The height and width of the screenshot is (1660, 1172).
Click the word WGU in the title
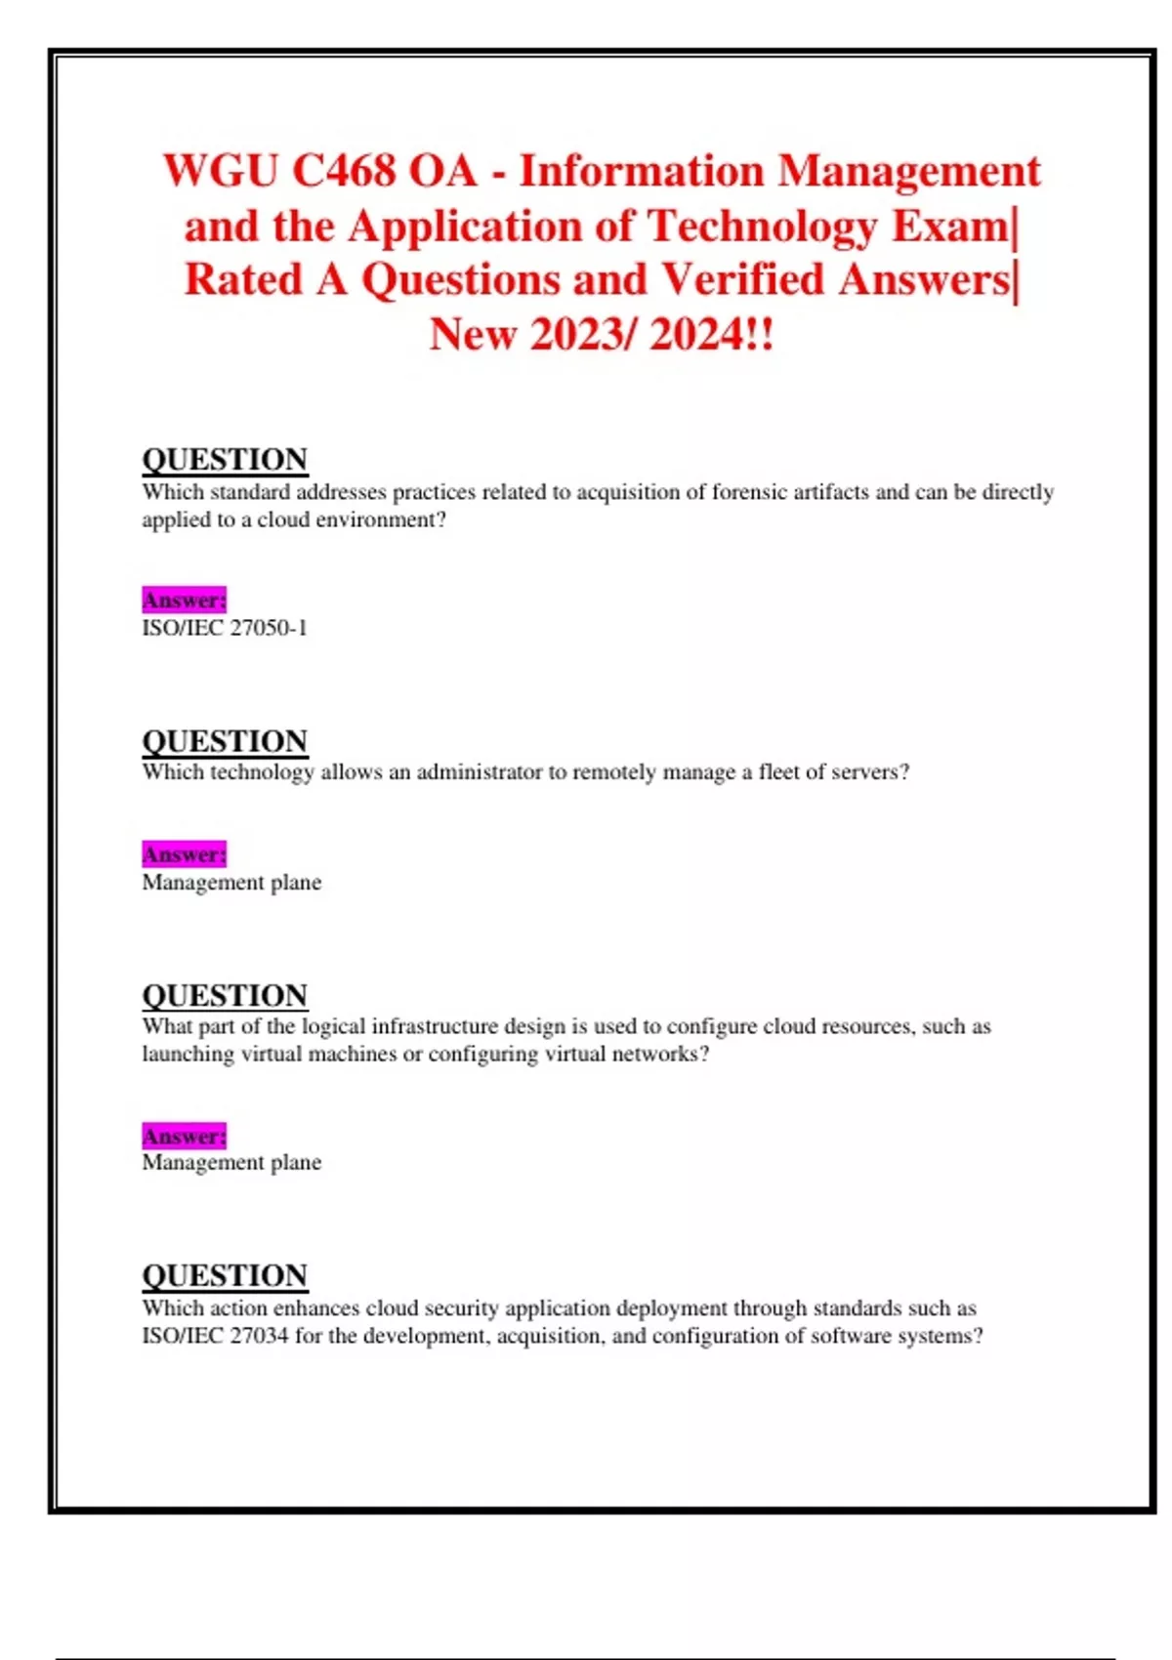pos(221,172)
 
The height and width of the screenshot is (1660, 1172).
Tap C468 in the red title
pos(344,172)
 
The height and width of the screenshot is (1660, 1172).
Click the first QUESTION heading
pos(225,459)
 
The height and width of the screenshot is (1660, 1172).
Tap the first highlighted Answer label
pos(184,600)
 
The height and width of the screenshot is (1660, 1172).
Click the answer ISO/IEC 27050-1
pos(225,628)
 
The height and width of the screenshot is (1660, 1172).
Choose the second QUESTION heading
pos(225,741)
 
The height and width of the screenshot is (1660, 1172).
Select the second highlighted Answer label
pos(184,854)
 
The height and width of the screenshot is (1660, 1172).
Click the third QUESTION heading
pos(225,995)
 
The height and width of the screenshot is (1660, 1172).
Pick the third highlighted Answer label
pos(184,1137)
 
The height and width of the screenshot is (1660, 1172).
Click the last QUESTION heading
pos(225,1275)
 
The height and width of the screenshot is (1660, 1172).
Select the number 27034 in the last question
pos(259,1336)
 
